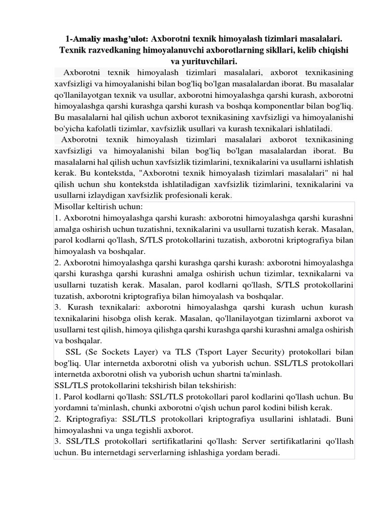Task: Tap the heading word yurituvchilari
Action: point(209,62)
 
